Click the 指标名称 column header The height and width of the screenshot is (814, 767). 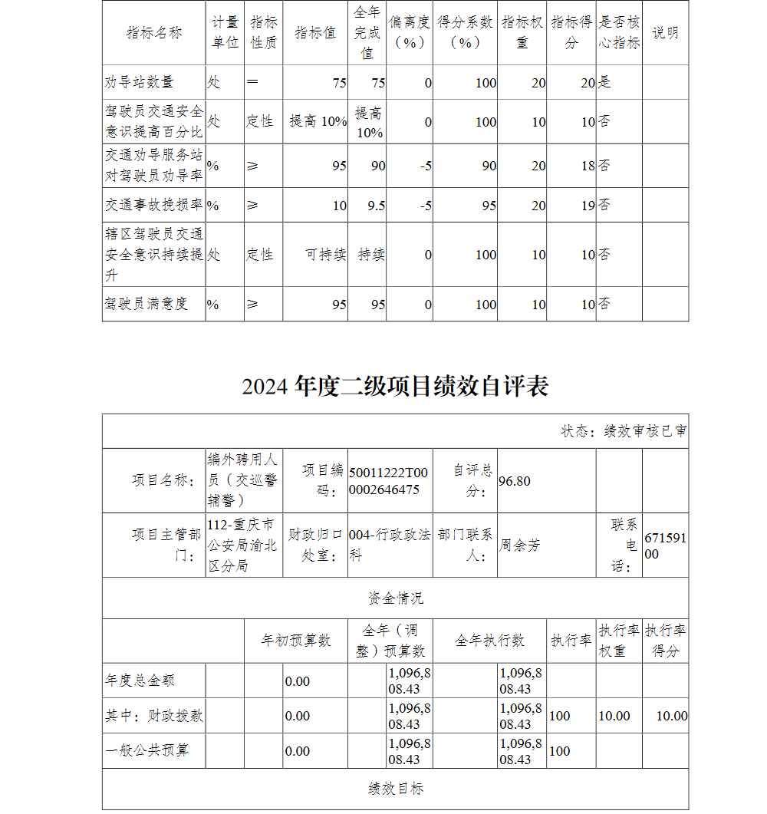pyautogui.click(x=154, y=33)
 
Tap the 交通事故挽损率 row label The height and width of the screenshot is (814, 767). pyautogui.click(x=154, y=206)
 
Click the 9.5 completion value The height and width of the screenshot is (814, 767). pyautogui.click(x=376, y=206)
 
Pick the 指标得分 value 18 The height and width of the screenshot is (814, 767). pyautogui.click(x=587, y=166)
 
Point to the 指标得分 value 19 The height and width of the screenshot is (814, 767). pyautogui.click(x=587, y=206)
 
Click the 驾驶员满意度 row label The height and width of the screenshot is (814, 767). pyautogui.click(x=146, y=304)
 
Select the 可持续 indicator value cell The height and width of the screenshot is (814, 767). pyautogui.click(x=326, y=255)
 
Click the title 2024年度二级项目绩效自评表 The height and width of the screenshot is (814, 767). pyautogui.click(x=395, y=387)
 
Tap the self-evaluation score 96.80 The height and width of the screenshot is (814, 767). pyautogui.click(x=515, y=481)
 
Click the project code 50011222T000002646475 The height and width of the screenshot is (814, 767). pyautogui.click(x=388, y=481)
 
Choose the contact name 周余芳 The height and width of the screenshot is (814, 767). pyautogui.click(x=520, y=545)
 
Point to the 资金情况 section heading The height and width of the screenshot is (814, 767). pyautogui.click(x=395, y=598)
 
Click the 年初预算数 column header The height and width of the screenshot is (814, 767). pyautogui.click(x=296, y=641)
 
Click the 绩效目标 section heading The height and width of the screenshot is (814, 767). pyautogui.click(x=395, y=789)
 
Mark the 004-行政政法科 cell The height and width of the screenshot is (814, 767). pyautogui.click(x=389, y=545)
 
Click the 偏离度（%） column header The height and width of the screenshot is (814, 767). pyautogui.click(x=409, y=33)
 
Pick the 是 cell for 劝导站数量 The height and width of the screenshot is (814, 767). pyautogui.click(x=605, y=82)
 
